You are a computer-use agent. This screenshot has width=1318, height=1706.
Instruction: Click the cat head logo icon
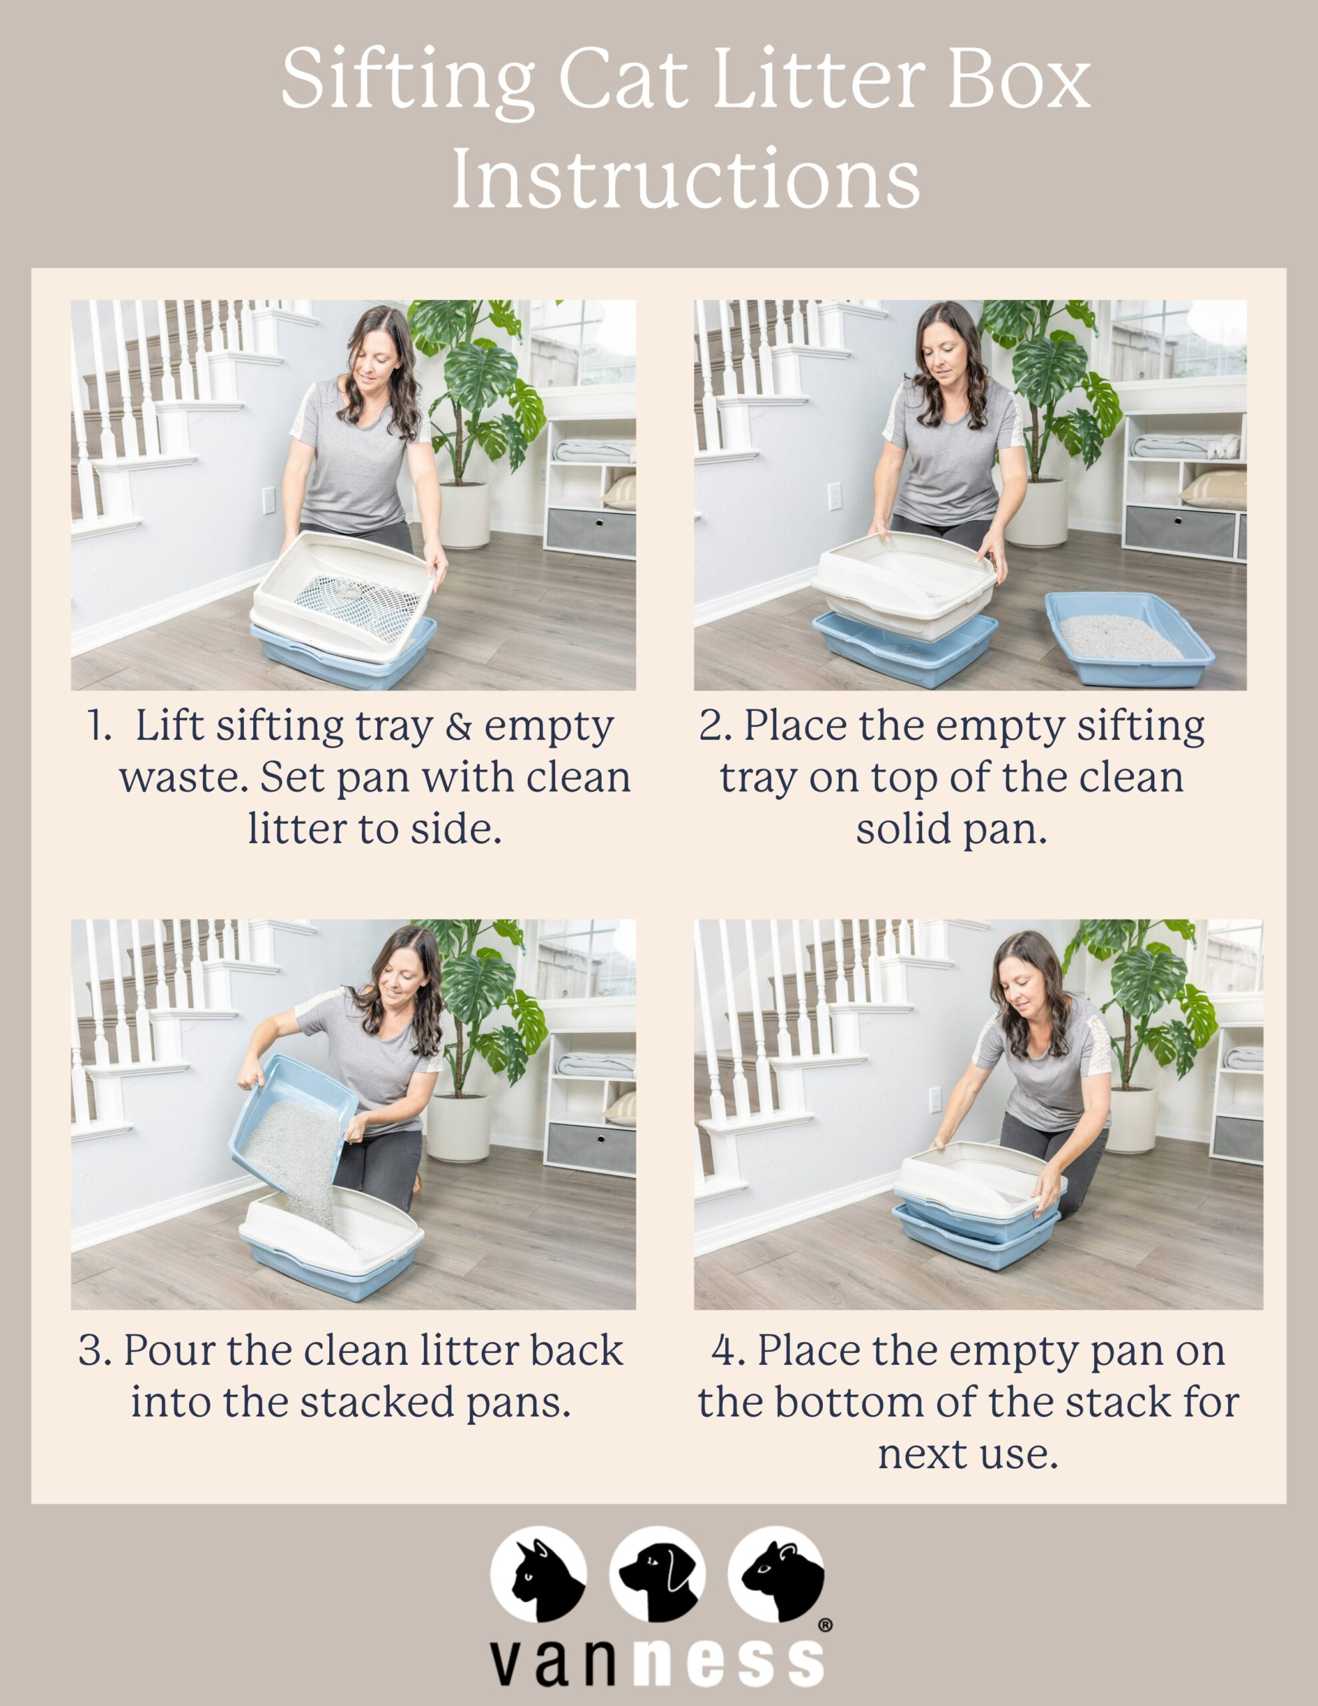pos(538,1573)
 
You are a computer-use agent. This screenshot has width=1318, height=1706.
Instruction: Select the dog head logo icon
pos(657,1573)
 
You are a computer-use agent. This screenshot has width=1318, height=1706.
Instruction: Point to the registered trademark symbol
pos(825,1625)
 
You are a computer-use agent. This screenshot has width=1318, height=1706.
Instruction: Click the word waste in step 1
pos(184,778)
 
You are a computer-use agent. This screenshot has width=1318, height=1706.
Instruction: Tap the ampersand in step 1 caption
pos(458,726)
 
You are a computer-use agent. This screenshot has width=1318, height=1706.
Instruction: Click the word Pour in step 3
pos(169,1351)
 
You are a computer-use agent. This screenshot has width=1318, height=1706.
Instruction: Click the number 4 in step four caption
pos(724,1351)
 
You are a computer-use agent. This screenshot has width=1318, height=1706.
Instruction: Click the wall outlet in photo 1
pos(269,500)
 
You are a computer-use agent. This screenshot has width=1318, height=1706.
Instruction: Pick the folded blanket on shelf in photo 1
pos(594,450)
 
